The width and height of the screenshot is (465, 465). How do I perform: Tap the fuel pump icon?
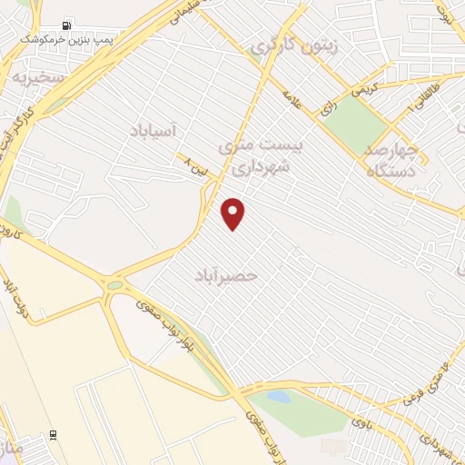(66, 26)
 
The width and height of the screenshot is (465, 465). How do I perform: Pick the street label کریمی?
(361, 90)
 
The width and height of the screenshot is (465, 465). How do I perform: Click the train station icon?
(54, 435)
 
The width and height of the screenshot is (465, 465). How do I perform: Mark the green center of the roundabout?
(115, 285)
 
